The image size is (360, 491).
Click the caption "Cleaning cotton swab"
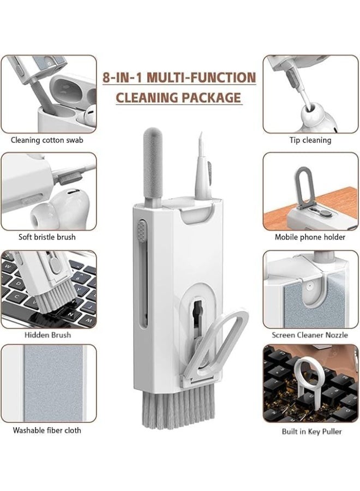pos(47,140)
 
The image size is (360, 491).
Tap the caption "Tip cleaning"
pos(310,140)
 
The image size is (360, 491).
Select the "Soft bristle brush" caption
pos(47,237)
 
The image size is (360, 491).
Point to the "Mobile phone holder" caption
pos(310,237)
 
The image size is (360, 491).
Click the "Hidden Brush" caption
pos(47,334)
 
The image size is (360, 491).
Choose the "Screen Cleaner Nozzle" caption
pos(310,334)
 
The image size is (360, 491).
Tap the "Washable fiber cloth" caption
pos(47,430)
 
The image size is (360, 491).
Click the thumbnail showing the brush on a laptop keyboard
pos(48,289)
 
